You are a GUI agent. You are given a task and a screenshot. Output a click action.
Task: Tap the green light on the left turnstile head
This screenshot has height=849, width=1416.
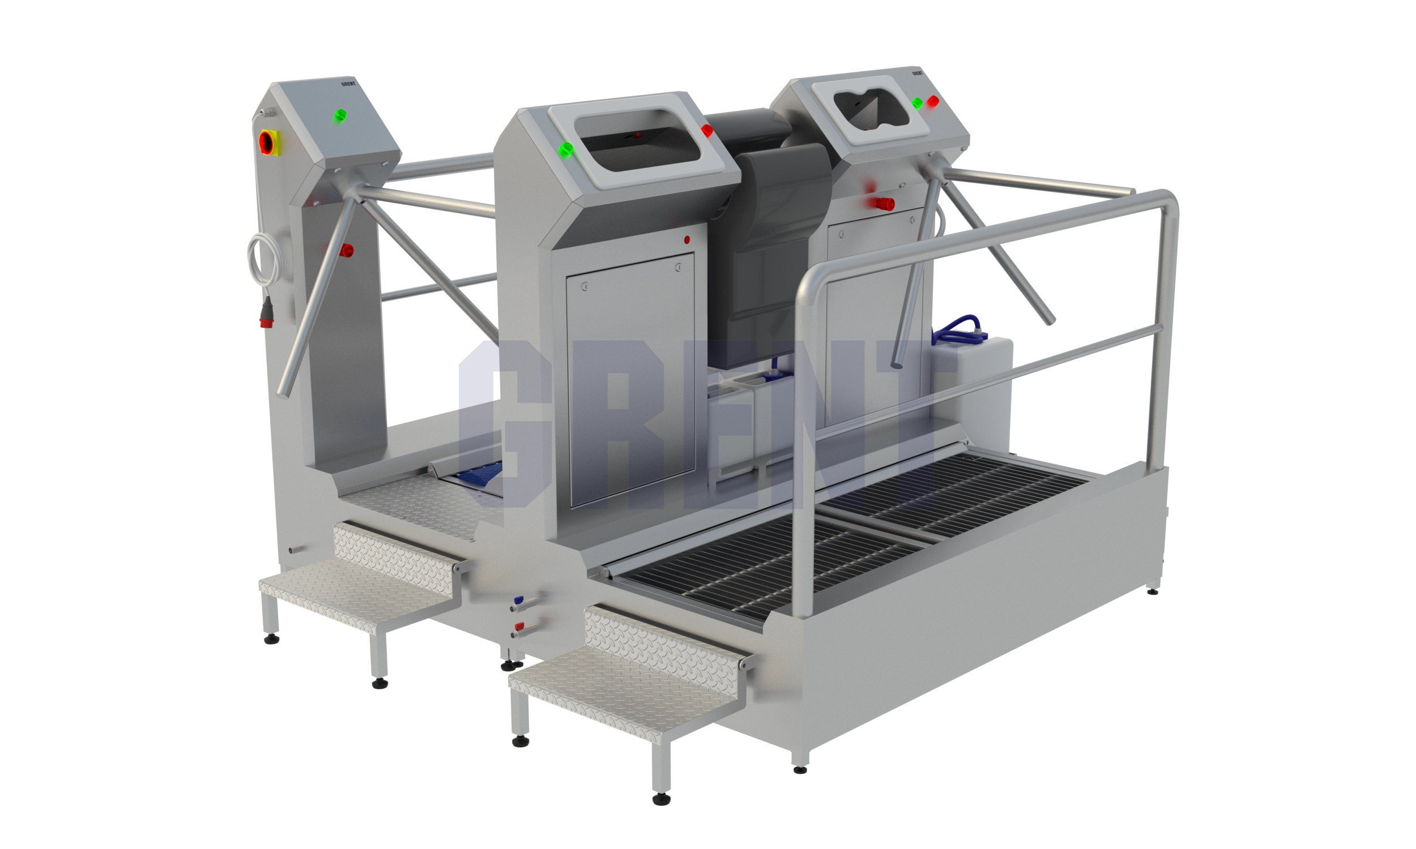click(340, 115)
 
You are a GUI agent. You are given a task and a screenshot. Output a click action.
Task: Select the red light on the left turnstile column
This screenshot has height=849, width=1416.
click(346, 251)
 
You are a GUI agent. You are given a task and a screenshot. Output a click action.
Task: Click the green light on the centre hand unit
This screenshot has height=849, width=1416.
click(565, 149)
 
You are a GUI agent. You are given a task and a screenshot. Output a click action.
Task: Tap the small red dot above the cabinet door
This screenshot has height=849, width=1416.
click(687, 240)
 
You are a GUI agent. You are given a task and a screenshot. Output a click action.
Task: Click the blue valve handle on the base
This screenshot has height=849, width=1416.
click(519, 601)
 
